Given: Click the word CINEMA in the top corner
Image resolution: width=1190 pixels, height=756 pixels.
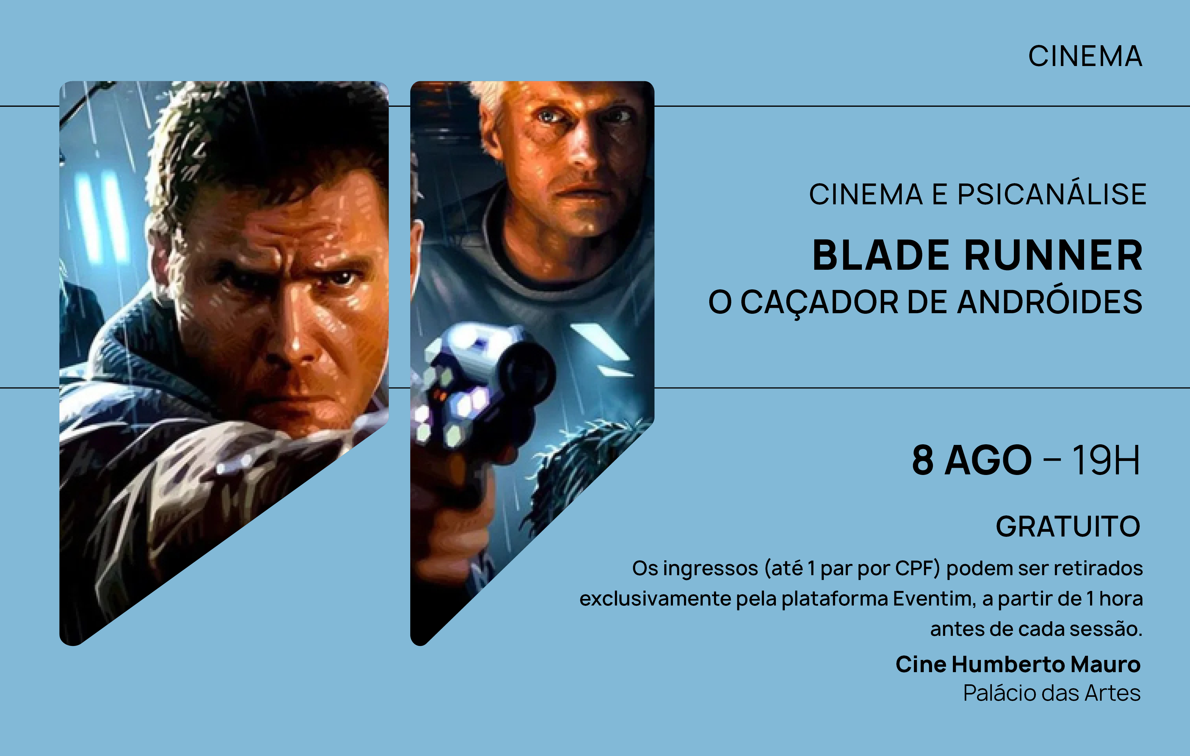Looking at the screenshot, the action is click(1085, 56).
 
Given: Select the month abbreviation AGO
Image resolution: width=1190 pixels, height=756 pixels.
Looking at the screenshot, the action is click(988, 460).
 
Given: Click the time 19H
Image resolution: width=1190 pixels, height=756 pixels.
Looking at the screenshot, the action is click(1106, 460).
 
